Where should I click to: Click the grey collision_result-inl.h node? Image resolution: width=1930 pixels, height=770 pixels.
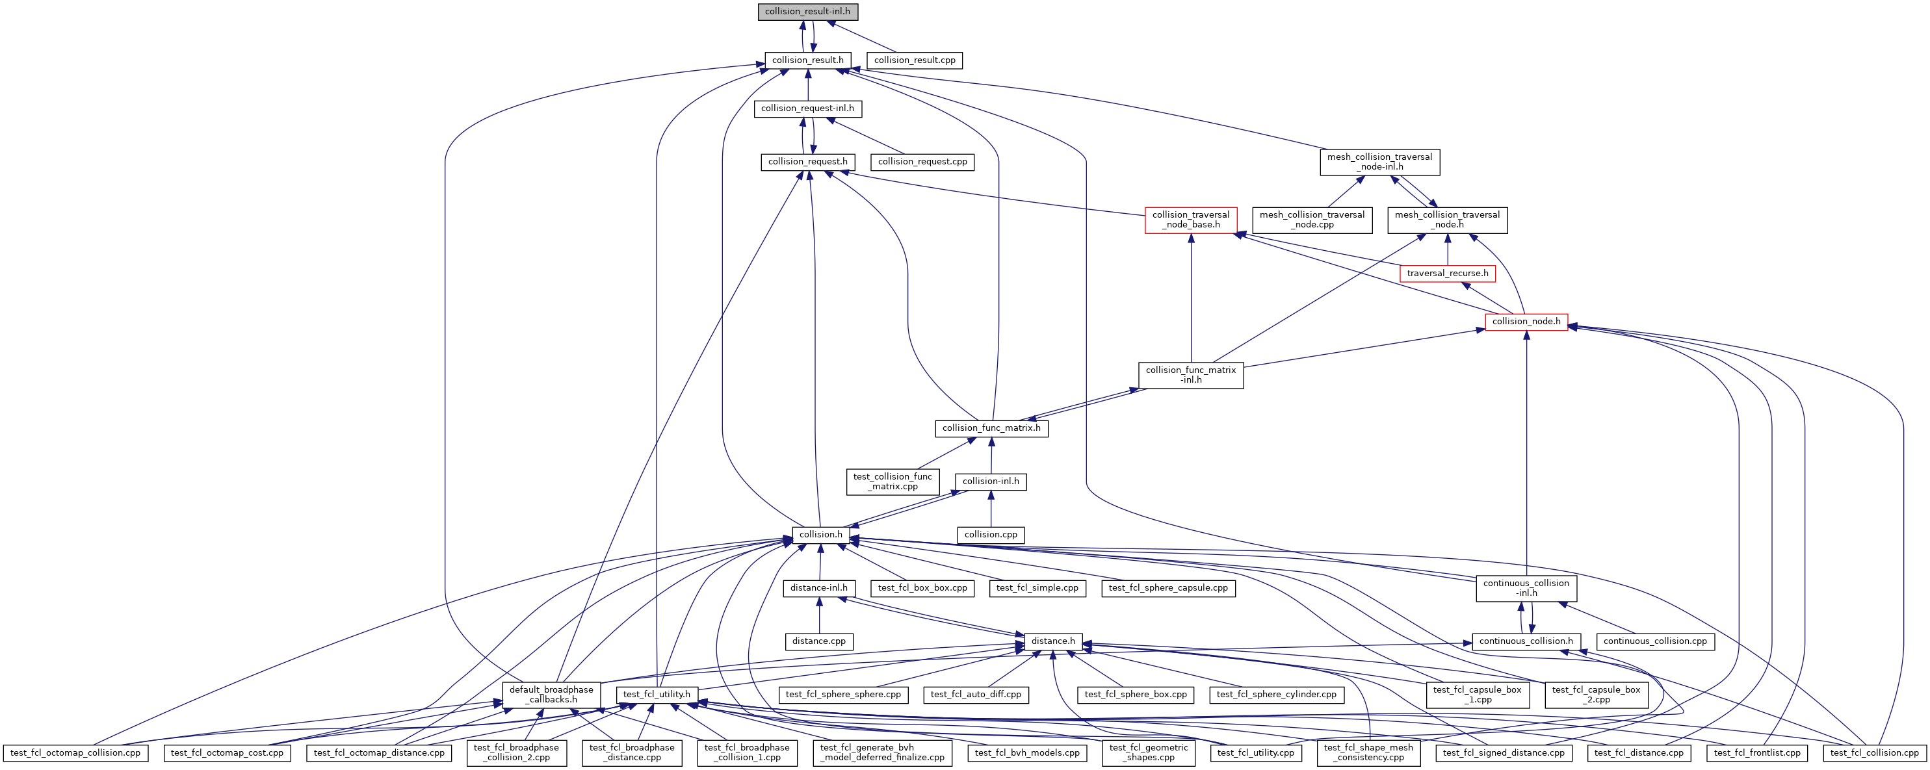click(x=807, y=12)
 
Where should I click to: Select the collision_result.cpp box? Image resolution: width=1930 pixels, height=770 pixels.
click(x=914, y=60)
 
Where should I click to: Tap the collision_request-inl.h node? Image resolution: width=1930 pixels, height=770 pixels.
click(x=807, y=109)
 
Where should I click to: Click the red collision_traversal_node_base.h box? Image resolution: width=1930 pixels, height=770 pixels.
click(x=1190, y=220)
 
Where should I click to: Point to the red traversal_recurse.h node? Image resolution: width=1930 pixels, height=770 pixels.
click(x=1447, y=274)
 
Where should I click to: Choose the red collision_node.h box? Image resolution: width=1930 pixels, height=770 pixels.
click(x=1526, y=322)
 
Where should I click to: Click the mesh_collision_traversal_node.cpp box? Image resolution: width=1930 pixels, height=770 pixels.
click(x=1312, y=220)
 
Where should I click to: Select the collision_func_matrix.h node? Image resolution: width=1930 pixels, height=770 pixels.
click(x=991, y=428)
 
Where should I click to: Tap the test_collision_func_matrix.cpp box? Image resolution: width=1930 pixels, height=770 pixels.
click(x=893, y=481)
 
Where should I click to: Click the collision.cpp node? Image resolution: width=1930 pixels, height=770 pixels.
click(x=991, y=535)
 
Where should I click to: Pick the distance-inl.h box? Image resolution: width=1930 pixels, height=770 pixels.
click(x=819, y=588)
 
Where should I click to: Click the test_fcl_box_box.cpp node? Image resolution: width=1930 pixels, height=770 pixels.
click(x=922, y=588)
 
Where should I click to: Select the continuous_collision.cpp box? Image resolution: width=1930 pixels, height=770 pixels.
click(x=1655, y=641)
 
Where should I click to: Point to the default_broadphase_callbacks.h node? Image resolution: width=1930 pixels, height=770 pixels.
click(x=551, y=695)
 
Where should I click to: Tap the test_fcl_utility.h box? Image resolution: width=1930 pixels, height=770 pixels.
click(x=657, y=695)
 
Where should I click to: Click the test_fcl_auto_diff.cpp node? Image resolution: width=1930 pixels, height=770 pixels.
click(x=976, y=695)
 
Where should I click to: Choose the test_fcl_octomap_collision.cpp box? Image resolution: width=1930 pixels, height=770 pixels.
click(x=75, y=752)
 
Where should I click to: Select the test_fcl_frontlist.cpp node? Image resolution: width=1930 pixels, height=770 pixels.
click(x=1757, y=752)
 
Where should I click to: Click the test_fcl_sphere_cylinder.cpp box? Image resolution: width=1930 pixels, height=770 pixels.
click(x=1277, y=695)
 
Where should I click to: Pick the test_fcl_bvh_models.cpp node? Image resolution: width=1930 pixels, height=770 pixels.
click(x=1027, y=752)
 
